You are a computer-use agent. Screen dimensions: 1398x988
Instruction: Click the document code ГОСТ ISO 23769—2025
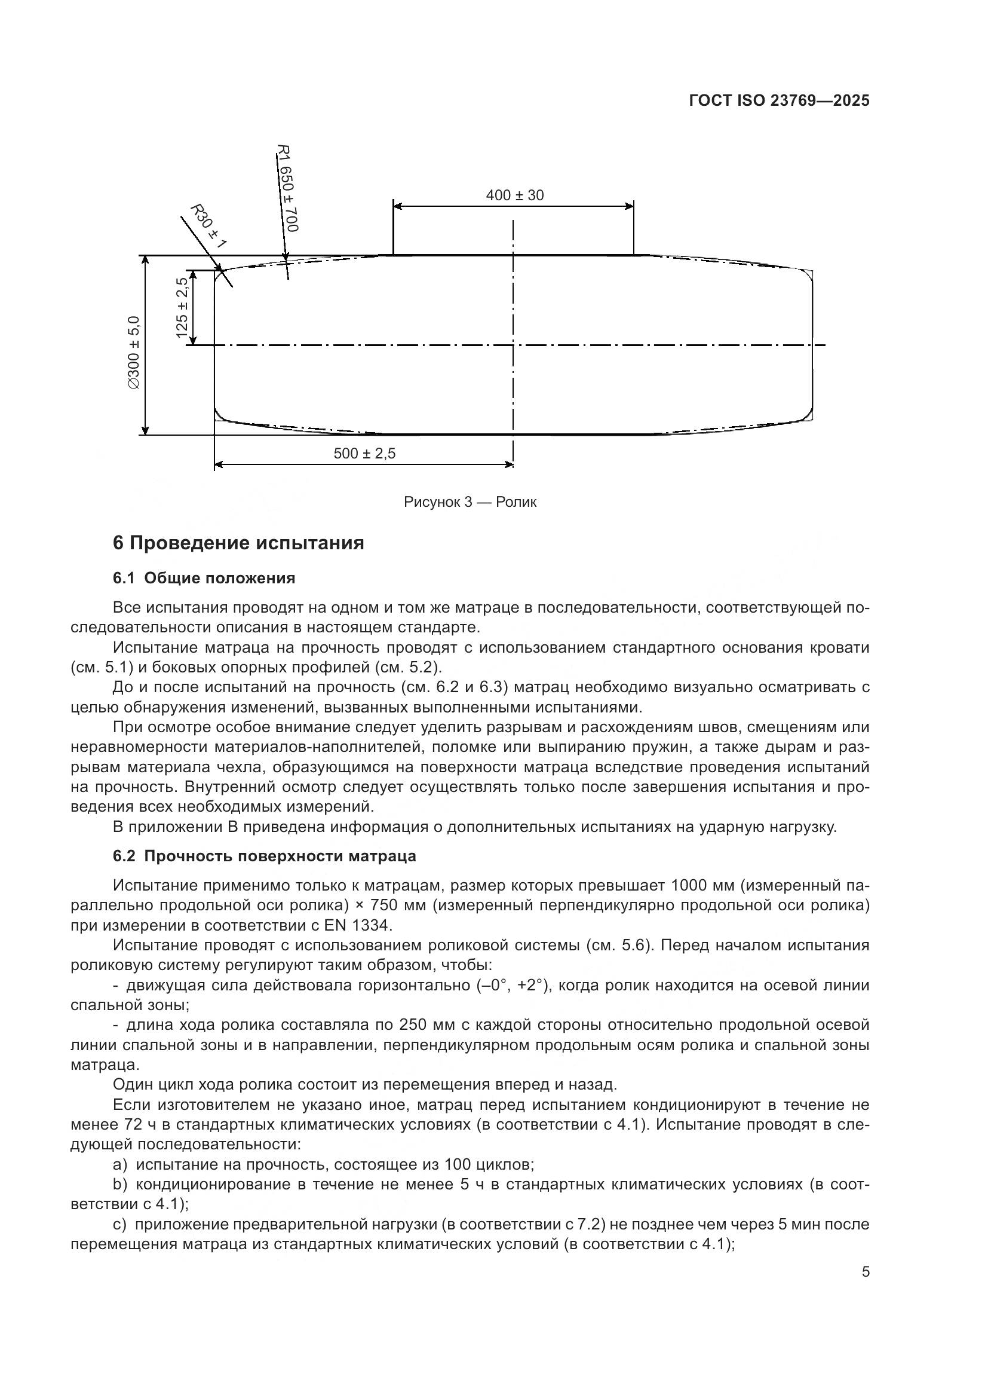point(779,100)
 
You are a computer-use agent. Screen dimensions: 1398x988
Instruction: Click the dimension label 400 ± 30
point(514,195)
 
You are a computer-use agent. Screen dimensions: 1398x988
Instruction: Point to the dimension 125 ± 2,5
point(182,307)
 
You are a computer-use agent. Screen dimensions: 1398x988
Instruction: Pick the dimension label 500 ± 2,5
point(364,454)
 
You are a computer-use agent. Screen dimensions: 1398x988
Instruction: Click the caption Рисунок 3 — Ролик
point(470,502)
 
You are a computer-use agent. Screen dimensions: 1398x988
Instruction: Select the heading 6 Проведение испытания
point(238,543)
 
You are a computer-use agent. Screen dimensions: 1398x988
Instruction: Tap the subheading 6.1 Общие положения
point(204,578)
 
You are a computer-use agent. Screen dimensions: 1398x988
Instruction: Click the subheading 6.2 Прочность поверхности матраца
point(264,856)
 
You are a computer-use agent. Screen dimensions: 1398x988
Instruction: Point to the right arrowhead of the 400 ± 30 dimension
point(630,206)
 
